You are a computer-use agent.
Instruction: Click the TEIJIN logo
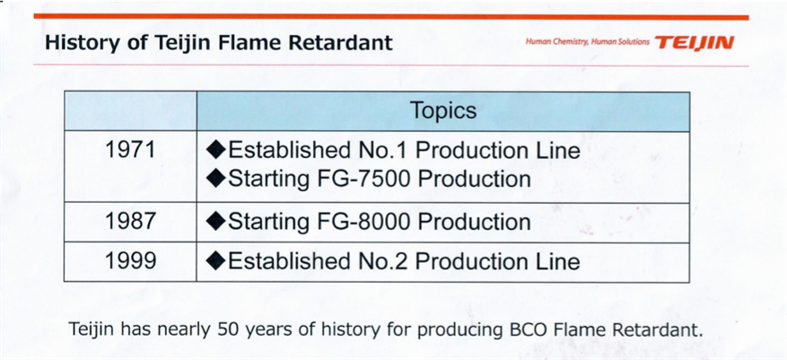[695, 42]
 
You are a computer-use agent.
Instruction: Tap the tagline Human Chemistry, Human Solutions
[587, 42]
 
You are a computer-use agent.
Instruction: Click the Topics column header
[443, 110]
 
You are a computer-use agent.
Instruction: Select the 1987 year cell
[130, 222]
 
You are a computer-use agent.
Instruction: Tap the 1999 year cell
[130, 261]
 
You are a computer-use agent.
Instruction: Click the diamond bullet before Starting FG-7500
[216, 180]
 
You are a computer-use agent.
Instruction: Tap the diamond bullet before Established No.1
[216, 151]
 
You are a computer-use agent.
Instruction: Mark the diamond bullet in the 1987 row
[216, 223]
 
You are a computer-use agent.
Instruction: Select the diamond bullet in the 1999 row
[216, 262]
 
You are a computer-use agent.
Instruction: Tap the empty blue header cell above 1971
[130, 111]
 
